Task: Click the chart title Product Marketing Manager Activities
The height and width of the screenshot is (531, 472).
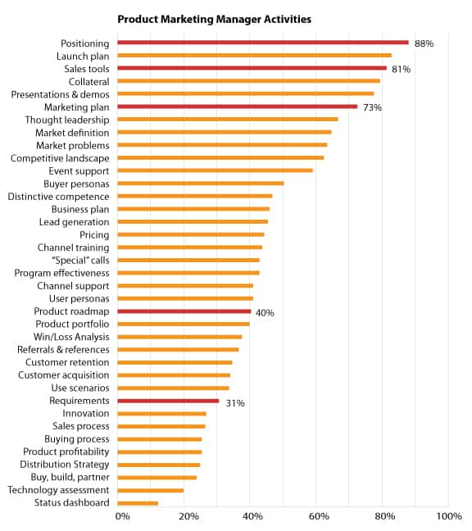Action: pyautogui.click(x=214, y=20)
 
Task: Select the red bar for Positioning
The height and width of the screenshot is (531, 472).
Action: pyautogui.click(x=263, y=43)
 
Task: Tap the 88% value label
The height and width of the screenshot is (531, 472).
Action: pyautogui.click(x=424, y=43)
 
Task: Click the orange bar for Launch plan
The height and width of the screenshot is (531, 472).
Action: pyautogui.click(x=255, y=56)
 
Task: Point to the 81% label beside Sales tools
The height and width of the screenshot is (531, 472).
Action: pyautogui.click(x=402, y=70)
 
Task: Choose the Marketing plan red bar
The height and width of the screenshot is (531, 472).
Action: pyautogui.click(x=238, y=107)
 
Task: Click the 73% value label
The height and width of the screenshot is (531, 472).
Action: pyautogui.click(x=373, y=107)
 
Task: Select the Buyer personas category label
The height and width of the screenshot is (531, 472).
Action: pyautogui.click(x=76, y=184)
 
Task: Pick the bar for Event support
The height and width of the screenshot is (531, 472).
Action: pyautogui.click(x=216, y=170)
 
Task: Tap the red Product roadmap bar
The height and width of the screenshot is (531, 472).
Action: pyautogui.click(x=184, y=311)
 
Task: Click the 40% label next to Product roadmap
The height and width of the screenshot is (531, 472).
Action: pyautogui.click(x=265, y=313)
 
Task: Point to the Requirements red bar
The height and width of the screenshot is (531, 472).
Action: pyautogui.click(x=168, y=401)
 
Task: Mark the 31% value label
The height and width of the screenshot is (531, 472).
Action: pyautogui.click(x=235, y=403)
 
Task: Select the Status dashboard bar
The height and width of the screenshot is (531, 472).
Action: pyautogui.click(x=138, y=503)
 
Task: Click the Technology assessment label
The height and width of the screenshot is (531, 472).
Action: pyautogui.click(x=58, y=490)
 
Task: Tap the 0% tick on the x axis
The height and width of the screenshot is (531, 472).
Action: pyautogui.click(x=122, y=516)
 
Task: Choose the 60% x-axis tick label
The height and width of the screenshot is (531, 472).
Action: pyautogui.click(x=319, y=516)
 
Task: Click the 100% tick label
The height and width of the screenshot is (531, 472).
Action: pyautogui.click(x=449, y=516)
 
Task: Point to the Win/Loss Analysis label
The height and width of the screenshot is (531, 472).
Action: pyautogui.click(x=71, y=337)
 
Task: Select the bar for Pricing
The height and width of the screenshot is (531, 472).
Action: pyautogui.click(x=191, y=234)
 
